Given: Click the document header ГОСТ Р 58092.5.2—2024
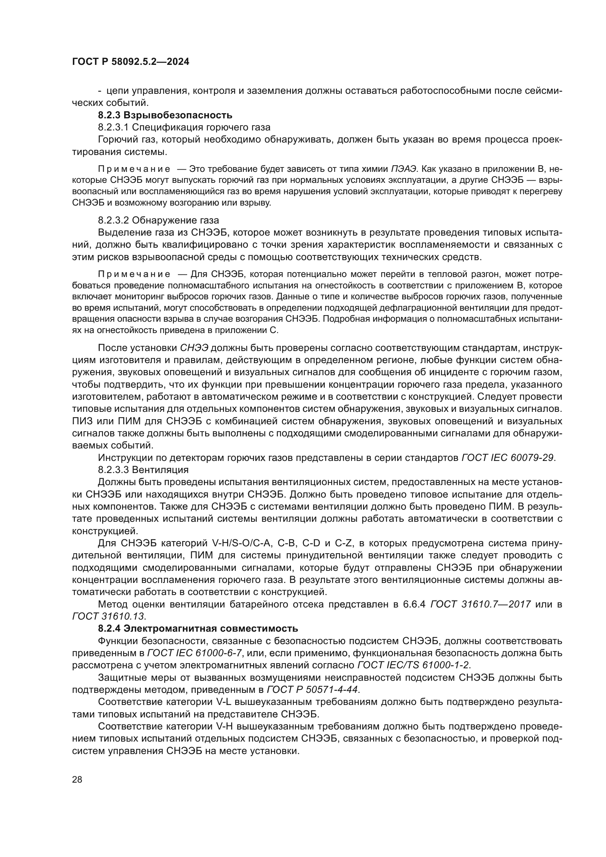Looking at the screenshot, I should pos(130,62).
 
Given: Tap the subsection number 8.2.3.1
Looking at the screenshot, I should pos(114,127).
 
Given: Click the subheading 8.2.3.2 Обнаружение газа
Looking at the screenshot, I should pos(158,220).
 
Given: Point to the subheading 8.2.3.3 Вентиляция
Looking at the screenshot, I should pos(143,469).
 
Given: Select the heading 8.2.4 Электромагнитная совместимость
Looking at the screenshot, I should pos(198,629).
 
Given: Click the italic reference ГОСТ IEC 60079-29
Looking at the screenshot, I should pos(507,457).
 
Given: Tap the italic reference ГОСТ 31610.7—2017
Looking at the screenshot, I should pos(481,604).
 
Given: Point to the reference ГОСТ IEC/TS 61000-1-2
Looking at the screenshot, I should pos(413,665).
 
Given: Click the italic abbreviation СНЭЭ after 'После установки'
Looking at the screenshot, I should pos(194,348).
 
